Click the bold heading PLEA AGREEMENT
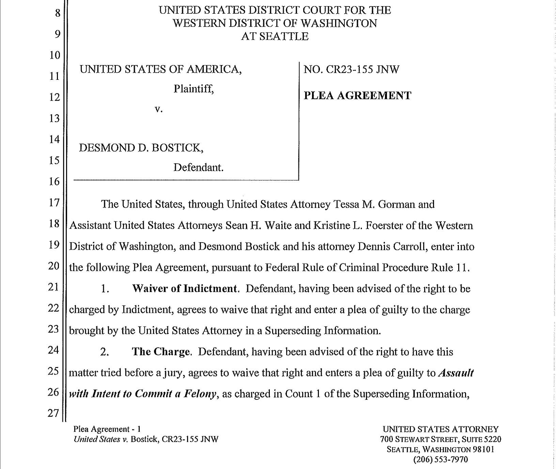coord(357,96)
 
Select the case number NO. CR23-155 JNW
coord(351,70)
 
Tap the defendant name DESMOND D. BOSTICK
coord(141,148)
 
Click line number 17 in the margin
coord(54,203)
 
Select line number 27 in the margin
coord(53,413)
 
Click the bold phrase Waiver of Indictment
coord(184,289)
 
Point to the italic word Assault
coord(455,373)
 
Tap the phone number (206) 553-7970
coord(441,459)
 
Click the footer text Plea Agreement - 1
coord(107,429)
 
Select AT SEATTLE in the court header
coord(275,36)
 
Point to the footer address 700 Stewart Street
coord(411,439)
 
